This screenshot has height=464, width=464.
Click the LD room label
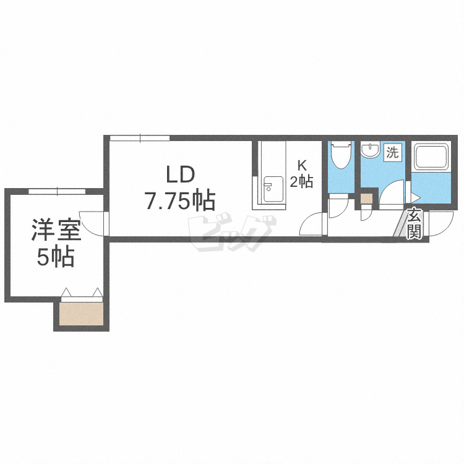tap(179, 174)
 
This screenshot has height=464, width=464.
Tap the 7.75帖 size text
tap(179, 200)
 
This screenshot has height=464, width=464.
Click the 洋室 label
tap(56, 231)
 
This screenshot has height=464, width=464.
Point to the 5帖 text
tap(56, 257)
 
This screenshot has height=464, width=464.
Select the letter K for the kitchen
tap(302, 166)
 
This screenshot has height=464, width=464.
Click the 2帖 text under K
tap(302, 181)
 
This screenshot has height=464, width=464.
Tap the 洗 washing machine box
tap(392, 152)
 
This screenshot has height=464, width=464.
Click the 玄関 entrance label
tap(415, 224)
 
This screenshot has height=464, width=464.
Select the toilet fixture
tap(340, 156)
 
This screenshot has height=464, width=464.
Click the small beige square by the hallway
tap(367, 199)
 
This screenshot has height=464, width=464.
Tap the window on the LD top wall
tap(140, 137)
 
